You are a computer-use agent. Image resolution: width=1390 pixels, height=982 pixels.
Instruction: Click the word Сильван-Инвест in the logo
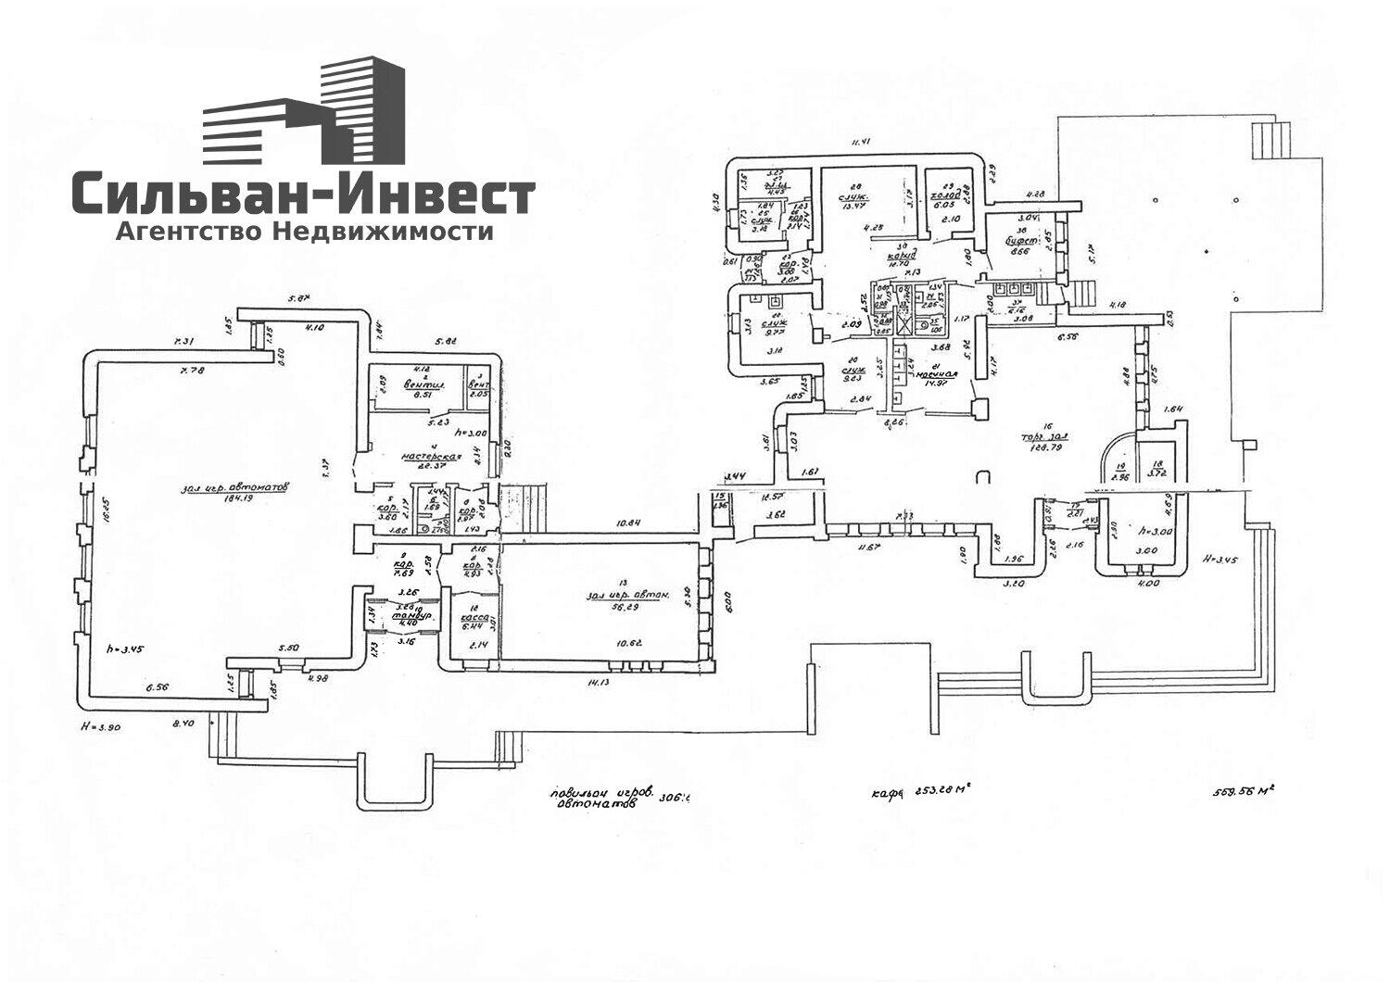(x=303, y=195)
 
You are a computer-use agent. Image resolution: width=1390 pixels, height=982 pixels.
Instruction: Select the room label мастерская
(x=431, y=457)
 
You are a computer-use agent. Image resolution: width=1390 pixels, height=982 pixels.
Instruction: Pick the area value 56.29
(x=604, y=608)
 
